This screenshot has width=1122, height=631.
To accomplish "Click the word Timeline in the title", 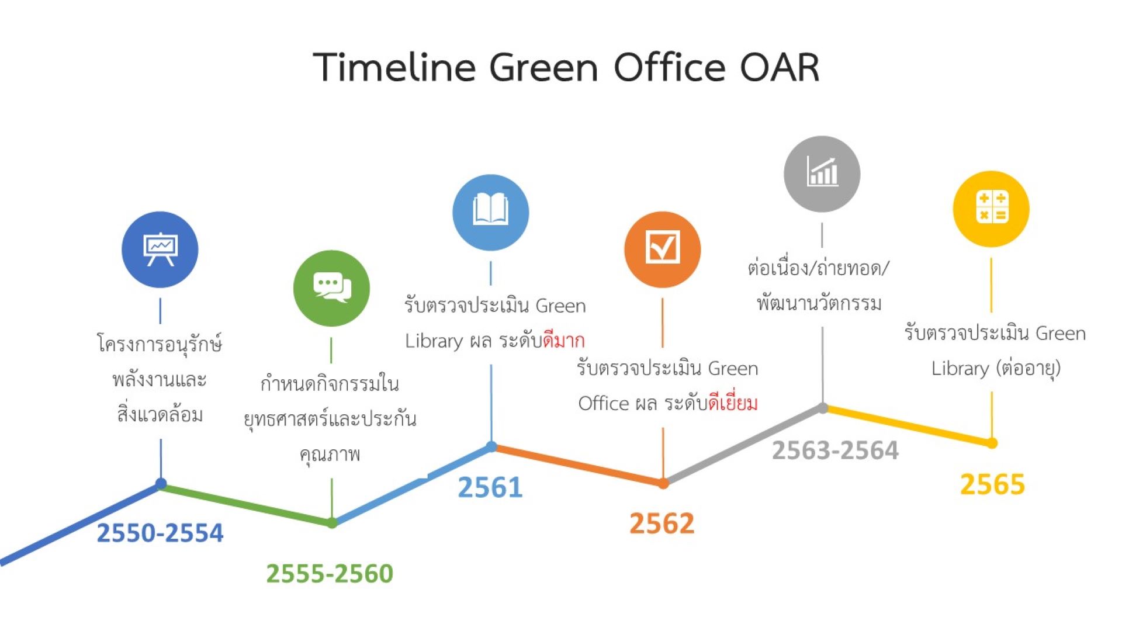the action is point(395,67).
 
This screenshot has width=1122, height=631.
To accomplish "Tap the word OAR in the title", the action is point(780,67).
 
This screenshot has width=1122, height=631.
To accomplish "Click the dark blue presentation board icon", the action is point(160,249).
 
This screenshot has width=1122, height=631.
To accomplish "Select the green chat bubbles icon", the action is point(331,288).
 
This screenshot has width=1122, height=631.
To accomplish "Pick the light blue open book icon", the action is point(491,212).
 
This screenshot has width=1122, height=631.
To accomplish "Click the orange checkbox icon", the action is point(662,249).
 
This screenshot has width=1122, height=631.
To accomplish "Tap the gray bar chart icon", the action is point(822,174).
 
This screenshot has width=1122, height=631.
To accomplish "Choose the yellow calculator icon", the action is point(991,209).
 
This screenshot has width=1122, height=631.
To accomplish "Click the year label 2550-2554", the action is point(160,533).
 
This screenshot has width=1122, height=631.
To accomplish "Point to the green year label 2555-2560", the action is point(330,573).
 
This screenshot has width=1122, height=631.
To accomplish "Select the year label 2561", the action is point(490,487).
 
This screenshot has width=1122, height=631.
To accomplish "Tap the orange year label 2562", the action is point(662,523).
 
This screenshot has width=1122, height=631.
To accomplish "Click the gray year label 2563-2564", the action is point(835,450).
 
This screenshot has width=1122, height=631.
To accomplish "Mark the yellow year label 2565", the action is point(992,484).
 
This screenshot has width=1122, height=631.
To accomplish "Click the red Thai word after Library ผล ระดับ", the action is point(564,340).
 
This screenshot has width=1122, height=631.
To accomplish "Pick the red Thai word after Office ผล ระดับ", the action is point(733,402).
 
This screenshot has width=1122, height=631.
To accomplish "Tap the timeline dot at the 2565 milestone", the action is point(992,443).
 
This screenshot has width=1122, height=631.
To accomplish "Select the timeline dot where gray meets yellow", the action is point(822,408).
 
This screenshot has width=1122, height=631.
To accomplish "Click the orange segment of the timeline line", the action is point(577,465).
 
